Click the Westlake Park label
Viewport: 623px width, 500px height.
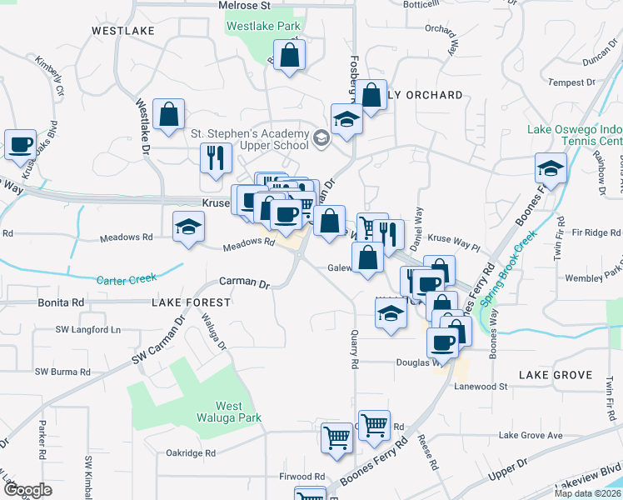point(264,26)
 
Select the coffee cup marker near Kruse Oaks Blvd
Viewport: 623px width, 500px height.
point(20,143)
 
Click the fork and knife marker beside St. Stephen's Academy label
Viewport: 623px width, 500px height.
point(217,157)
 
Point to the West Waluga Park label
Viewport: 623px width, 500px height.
point(228,412)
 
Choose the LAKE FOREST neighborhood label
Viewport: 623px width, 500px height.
point(191,302)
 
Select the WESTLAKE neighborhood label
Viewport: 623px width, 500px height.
point(123,31)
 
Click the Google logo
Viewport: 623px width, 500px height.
point(27,490)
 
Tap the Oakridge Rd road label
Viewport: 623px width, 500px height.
point(191,453)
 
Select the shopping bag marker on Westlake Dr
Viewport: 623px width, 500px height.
point(168,116)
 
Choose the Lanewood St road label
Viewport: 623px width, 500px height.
point(481,387)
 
